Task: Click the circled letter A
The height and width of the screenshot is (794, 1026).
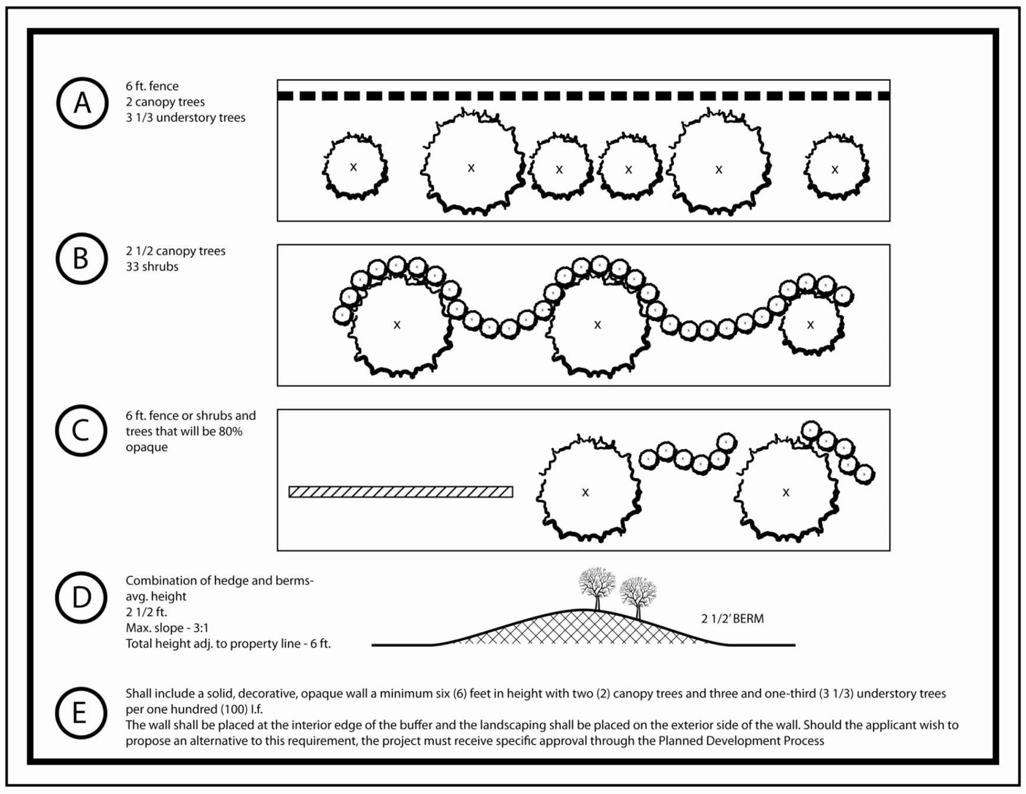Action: tap(82, 103)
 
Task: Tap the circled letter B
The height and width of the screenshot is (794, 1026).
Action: tap(82, 258)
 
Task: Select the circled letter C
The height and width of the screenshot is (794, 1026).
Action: tap(81, 430)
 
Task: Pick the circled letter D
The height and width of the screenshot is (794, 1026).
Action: tap(81, 597)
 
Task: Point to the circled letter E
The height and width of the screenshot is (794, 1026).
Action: tap(81, 713)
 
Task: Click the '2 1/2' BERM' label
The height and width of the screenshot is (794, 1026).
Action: tap(732, 619)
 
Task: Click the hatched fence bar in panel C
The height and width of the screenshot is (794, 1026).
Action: tap(401, 491)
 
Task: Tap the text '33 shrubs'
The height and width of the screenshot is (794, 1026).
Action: tap(152, 267)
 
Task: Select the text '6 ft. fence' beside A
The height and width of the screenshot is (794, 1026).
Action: tap(152, 86)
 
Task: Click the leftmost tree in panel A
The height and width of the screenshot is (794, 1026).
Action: tap(355, 167)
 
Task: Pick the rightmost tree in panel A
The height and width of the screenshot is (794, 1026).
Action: tap(836, 168)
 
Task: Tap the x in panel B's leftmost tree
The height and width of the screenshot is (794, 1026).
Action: tap(397, 324)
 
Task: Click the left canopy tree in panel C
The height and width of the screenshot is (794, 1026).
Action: tap(588, 488)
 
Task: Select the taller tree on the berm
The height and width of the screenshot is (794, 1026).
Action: tap(597, 589)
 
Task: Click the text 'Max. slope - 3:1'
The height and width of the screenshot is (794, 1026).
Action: tap(167, 628)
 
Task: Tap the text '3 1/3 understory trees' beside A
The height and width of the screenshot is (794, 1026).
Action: tap(185, 118)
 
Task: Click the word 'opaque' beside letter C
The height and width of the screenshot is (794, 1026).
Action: tap(147, 447)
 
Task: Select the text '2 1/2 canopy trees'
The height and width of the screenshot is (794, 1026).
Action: tap(175, 251)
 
